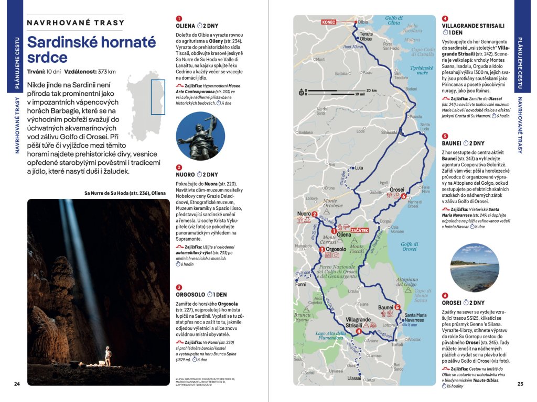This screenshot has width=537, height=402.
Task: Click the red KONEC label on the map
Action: (x=329, y=22)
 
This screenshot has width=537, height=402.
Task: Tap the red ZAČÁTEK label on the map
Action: (x=360, y=230)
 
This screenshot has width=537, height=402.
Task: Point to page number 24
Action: (x=17, y=384)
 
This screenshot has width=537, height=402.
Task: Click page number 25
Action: (x=520, y=384)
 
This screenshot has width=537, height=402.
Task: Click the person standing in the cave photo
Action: (x=108, y=355)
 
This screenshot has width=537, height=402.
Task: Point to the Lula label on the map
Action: (x=359, y=168)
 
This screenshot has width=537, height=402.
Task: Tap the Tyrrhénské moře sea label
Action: (x=422, y=70)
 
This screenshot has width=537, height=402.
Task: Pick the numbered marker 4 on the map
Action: (x=358, y=331)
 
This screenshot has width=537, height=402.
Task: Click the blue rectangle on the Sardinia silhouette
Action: (x=158, y=97)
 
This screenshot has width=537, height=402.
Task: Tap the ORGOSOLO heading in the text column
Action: (x=191, y=294)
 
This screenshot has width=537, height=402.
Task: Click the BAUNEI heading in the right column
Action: (x=452, y=143)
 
